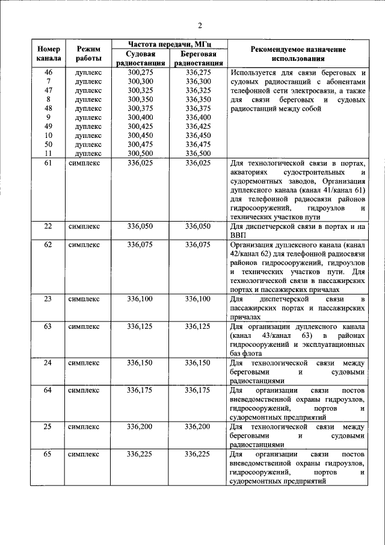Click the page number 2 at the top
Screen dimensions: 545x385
(x=200, y=25)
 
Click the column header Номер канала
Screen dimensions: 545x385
(x=48, y=54)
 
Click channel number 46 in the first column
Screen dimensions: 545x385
(x=48, y=72)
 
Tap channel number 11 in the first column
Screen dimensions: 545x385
(x=48, y=154)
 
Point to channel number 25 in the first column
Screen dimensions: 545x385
(x=48, y=426)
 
